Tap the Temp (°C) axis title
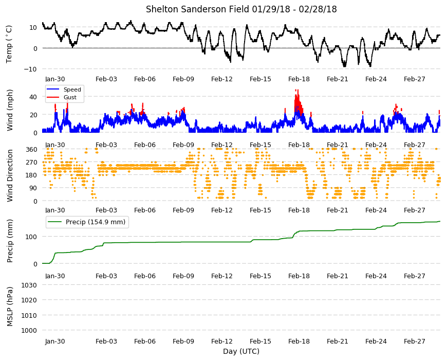pyautogui.click(x=9, y=44)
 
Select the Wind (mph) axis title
pyautogui.click(x=10, y=110)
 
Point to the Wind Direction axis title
pyautogui.click(x=10, y=175)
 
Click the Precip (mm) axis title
pyautogui.click(x=10, y=241)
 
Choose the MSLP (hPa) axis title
pyautogui.click(x=10, y=307)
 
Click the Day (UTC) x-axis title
pyautogui.click(x=241, y=351)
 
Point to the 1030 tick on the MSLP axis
pyautogui.click(x=29, y=285)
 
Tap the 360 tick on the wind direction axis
pyautogui.click(x=31, y=150)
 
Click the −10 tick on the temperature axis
pyautogui.click(x=31, y=69)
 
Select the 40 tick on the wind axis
pyautogui.click(x=33, y=97)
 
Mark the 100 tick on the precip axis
pyautogui.click(x=31, y=237)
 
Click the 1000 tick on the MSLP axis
pyautogui.click(x=29, y=330)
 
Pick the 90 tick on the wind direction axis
pyautogui.click(x=33, y=188)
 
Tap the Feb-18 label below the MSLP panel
pyautogui.click(x=299, y=341)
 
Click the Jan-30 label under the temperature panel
pyautogui.click(x=55, y=79)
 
